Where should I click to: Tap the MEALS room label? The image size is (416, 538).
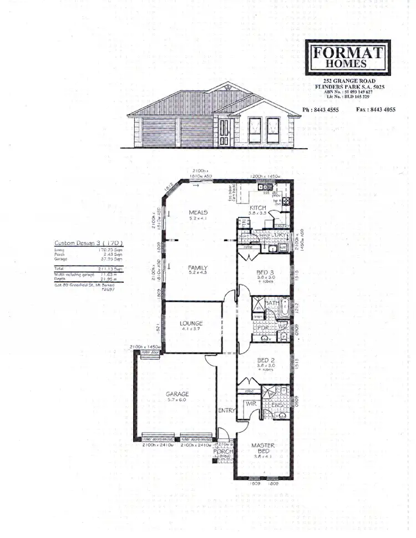coord(197,212)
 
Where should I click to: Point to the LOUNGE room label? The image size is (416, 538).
coord(191,323)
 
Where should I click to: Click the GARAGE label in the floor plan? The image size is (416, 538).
coord(177,395)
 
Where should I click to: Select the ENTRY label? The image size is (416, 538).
coord(227,410)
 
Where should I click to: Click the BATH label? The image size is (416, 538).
coord(272,303)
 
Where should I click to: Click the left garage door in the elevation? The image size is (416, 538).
coord(159,131)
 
